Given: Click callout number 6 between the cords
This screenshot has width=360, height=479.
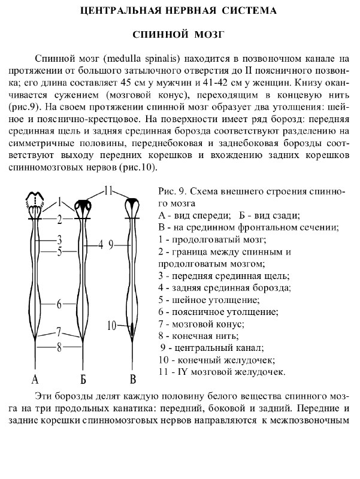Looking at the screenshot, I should coord(59,304).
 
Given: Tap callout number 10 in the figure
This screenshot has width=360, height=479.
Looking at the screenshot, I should coord(111,326).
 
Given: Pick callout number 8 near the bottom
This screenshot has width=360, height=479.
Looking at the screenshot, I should coord(59,345).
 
